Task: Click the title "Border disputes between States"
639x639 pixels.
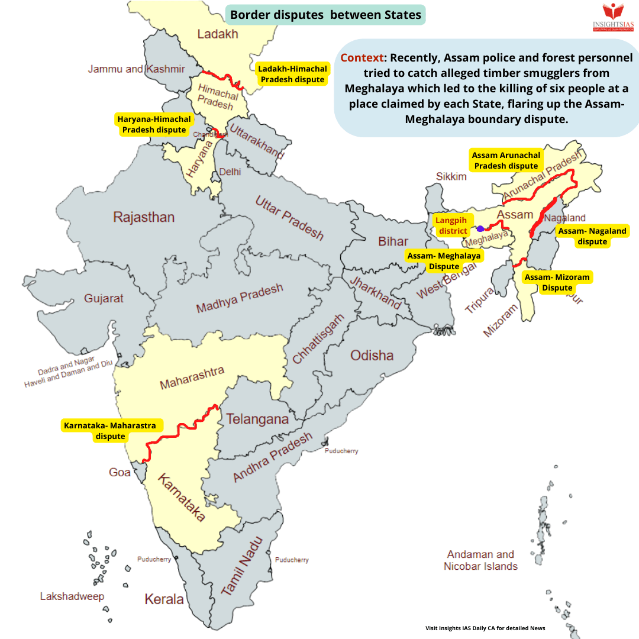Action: tap(325, 15)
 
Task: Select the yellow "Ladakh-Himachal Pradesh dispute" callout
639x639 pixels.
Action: tap(292, 75)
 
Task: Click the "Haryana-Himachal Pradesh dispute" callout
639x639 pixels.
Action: tap(154, 124)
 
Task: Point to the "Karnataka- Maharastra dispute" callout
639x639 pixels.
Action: tap(109, 431)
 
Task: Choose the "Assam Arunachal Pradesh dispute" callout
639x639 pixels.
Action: tap(506, 160)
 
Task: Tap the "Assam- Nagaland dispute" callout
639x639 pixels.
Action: tap(592, 236)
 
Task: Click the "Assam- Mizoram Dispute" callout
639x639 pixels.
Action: tap(557, 282)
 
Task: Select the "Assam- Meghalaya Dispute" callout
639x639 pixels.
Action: tap(444, 261)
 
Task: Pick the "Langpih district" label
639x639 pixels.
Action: tap(451, 225)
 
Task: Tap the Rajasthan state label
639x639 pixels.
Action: tap(144, 217)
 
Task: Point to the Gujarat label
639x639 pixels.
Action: tap(104, 298)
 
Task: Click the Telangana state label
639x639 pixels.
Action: tap(257, 419)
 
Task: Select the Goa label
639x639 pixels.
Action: tap(120, 472)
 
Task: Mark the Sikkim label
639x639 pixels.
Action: tap(451, 176)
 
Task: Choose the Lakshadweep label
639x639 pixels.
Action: tap(72, 596)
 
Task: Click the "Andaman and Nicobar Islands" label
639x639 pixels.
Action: tap(480, 560)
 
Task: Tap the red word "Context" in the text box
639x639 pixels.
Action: tap(362, 58)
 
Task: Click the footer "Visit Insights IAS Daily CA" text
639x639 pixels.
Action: tap(485, 628)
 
